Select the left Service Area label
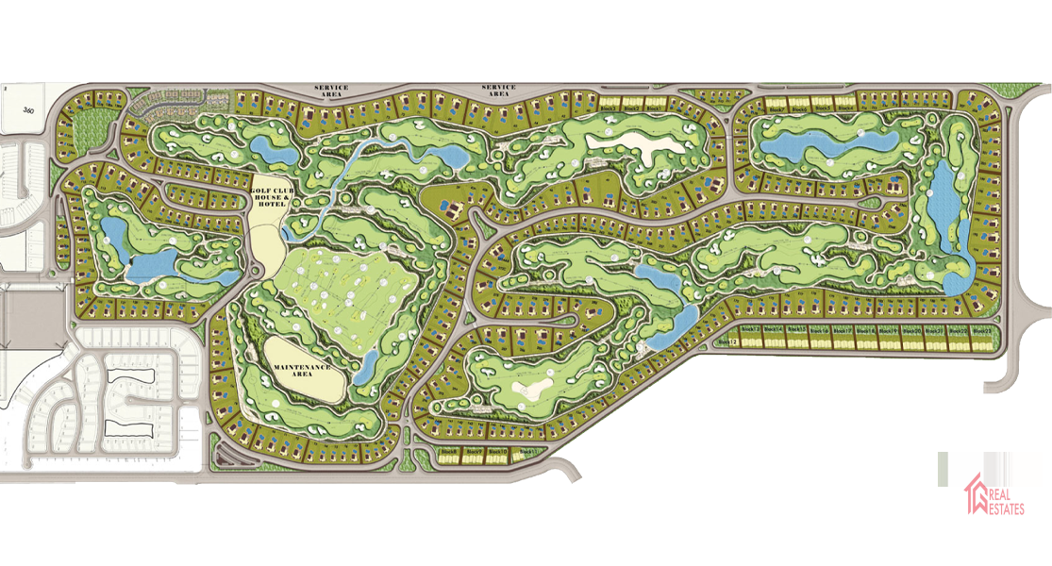tap(331, 91)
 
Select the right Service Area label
tap(498, 91)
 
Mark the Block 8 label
tap(449, 452)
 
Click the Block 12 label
tap(726, 341)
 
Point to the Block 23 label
tap(982, 330)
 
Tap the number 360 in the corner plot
tap(27, 110)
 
